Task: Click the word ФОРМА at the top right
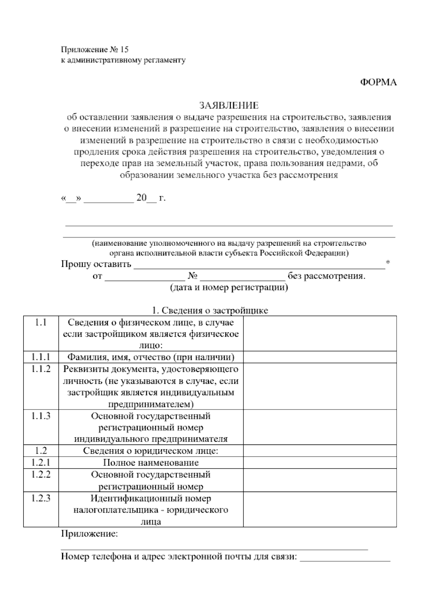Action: [378, 82]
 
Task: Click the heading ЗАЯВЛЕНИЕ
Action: [229, 105]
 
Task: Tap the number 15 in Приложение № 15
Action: [124, 49]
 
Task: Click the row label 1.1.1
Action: [41, 357]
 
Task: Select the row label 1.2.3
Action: [41, 498]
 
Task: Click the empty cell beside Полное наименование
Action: [320, 463]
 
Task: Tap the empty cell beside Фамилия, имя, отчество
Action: [320, 357]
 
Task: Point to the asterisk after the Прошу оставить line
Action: [388, 263]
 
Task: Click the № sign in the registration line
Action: [193, 276]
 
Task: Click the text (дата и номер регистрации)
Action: [229, 288]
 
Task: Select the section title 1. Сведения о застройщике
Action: [210, 310]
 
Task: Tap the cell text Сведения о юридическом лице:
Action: [151, 451]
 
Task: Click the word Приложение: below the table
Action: [89, 534]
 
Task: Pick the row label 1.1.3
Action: [41, 416]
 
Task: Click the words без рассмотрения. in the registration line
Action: [327, 276]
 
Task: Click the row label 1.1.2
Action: [41, 369]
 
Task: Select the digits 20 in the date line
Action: [141, 198]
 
